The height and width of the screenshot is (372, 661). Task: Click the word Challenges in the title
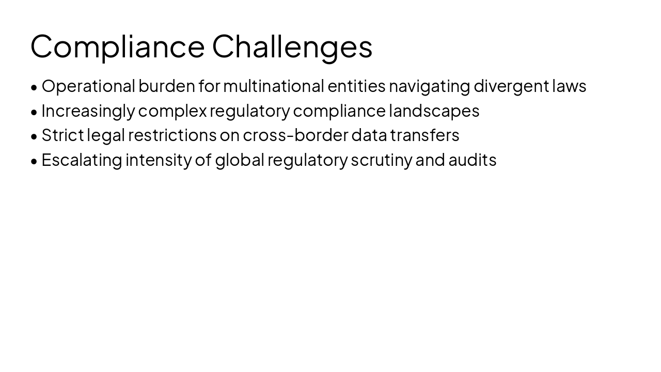(x=292, y=46)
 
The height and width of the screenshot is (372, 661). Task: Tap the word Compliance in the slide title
(x=118, y=46)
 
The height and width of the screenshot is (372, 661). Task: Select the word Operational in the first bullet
(x=88, y=86)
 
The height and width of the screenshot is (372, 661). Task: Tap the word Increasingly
(x=88, y=111)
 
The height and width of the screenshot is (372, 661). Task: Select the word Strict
(x=62, y=135)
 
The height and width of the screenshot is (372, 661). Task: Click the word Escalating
(x=82, y=160)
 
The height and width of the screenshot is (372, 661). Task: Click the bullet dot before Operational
(x=34, y=87)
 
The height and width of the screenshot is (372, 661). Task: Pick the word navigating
(x=429, y=86)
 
